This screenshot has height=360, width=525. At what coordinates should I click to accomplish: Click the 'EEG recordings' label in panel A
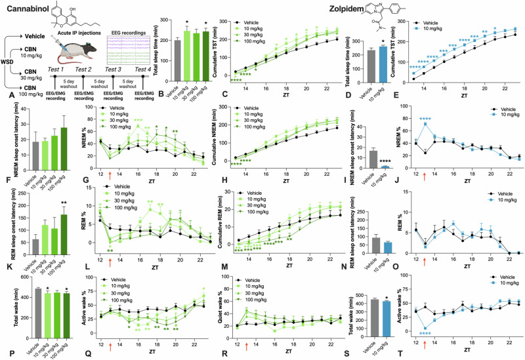tap(127, 29)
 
